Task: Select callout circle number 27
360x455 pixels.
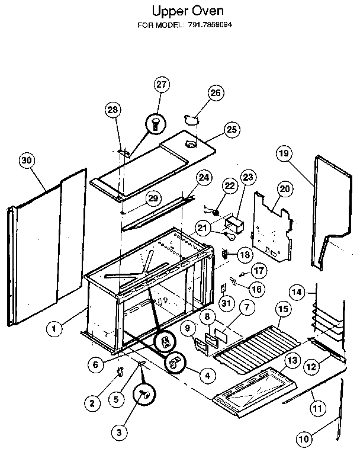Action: [160, 85]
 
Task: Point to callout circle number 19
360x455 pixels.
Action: [284, 154]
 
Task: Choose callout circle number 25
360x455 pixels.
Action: [231, 129]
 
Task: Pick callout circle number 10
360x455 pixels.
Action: [303, 440]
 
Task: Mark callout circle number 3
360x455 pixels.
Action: [120, 433]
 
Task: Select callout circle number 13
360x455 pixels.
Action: [291, 360]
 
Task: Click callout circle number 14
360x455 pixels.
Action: [298, 291]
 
